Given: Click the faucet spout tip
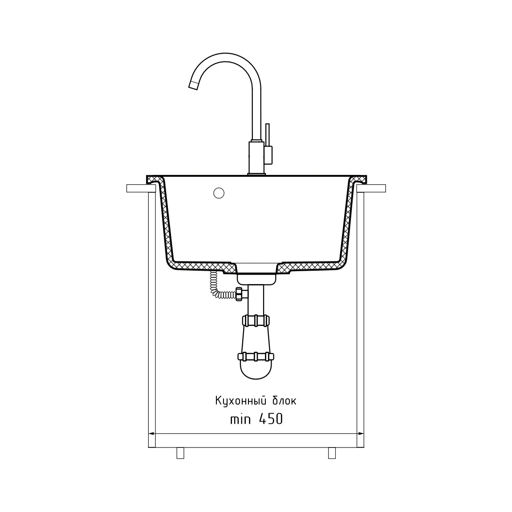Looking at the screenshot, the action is [194, 85].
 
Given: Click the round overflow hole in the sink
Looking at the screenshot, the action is [219, 193].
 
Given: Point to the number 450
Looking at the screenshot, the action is [271, 419].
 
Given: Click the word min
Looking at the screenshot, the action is [240, 419].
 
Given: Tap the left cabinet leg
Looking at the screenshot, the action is [180, 453].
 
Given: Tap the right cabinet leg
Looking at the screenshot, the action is [332, 453].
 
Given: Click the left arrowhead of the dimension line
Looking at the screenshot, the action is [152, 434].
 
